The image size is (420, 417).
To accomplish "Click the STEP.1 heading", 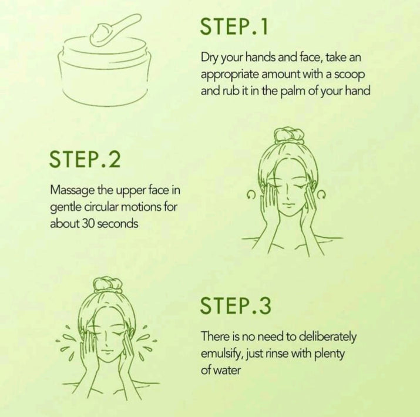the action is pos(234,26).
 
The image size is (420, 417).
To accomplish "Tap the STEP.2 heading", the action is pos(85,159).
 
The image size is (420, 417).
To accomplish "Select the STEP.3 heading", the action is pos(236,305).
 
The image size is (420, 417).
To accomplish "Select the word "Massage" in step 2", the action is pos(72,191).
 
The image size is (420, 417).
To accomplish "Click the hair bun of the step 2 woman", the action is pos(290,135).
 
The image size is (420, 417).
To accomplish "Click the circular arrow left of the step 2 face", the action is pos(250,195).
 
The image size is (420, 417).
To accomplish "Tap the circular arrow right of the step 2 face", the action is pos(322,195).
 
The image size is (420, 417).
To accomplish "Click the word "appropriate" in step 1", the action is pos(230,75).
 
